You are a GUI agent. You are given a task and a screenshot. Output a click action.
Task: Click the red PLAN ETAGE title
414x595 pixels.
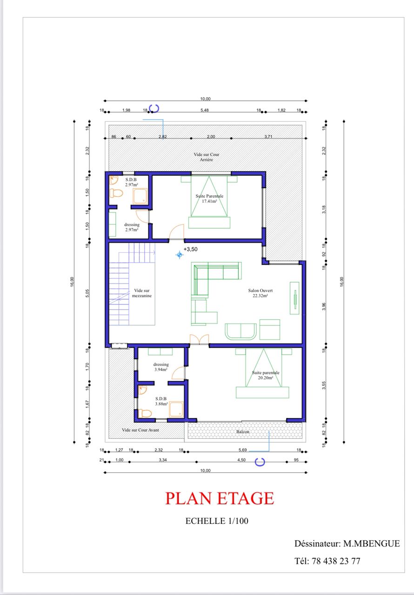tap(220, 498)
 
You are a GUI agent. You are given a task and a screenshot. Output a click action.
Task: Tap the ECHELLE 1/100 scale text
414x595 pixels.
tap(217, 521)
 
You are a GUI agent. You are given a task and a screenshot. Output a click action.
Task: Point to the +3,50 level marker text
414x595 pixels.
tap(191, 249)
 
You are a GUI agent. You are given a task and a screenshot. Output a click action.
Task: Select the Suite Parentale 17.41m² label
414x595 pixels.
tap(209, 198)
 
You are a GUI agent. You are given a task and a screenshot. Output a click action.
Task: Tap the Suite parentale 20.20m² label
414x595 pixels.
tap(266, 375)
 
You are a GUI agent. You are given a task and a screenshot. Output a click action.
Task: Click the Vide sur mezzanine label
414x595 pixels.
tap(142, 293)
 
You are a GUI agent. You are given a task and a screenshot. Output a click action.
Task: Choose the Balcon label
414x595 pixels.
tap(243, 432)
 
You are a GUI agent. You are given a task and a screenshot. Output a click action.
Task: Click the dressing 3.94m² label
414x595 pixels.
tap(161, 367)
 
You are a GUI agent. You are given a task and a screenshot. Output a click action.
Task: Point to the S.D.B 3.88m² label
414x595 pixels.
tap(161, 401)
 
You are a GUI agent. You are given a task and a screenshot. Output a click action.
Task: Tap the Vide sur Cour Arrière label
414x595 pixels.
tap(207, 157)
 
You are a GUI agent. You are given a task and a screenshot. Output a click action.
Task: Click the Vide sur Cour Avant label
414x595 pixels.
tap(140, 430)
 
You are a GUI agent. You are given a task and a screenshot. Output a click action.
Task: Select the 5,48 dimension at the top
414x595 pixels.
tap(205, 110)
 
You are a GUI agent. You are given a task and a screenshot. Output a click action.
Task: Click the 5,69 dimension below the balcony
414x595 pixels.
tap(243, 450)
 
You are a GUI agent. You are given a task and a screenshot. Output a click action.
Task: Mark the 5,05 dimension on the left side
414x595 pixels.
tap(87, 293)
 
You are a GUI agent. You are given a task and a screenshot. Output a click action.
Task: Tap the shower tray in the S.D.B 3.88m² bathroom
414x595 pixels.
tap(176, 410)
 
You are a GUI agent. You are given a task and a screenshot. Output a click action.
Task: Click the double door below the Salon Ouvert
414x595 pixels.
tap(199, 339)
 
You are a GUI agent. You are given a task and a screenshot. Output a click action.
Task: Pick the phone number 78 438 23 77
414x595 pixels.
tap(336, 561)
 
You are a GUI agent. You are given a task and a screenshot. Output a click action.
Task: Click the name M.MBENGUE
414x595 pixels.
tap(372, 543)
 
